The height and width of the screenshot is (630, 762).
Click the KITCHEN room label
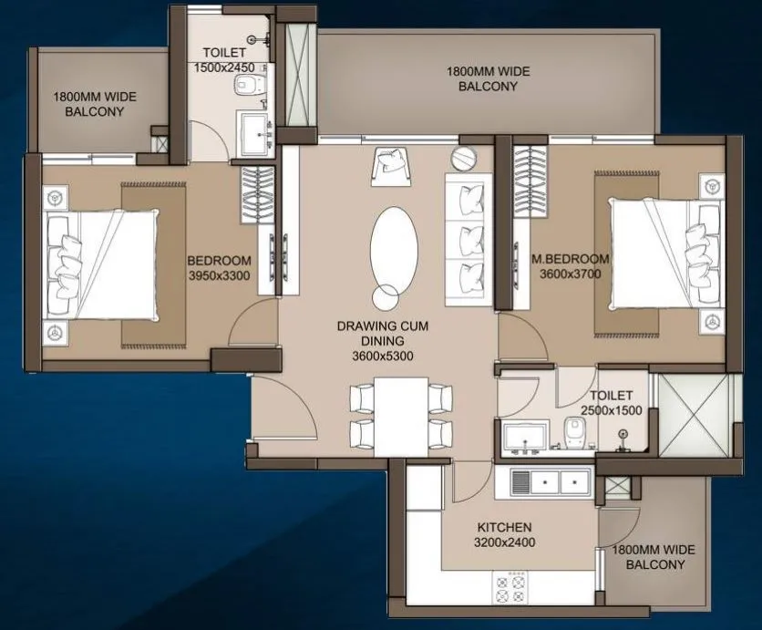coord(504,528)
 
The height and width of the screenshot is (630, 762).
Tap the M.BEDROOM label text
coord(571,259)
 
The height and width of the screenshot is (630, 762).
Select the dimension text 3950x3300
coord(220,274)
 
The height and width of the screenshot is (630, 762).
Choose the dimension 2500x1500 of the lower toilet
coord(612,410)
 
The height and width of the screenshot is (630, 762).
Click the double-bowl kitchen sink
coord(550,480)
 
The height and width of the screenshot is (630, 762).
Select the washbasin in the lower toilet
coord(521,438)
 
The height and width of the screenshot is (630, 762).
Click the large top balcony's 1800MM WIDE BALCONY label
coord(487,78)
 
